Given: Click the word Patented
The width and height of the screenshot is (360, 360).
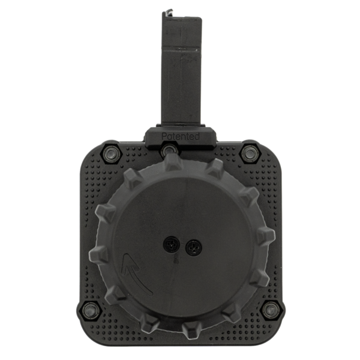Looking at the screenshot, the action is tap(181, 136).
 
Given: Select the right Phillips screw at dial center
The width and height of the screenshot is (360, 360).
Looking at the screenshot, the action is tap(193, 248).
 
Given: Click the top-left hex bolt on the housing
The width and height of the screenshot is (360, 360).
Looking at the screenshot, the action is tap(110, 152).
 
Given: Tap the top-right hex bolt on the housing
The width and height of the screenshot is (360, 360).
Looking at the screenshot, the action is tap(250, 152).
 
